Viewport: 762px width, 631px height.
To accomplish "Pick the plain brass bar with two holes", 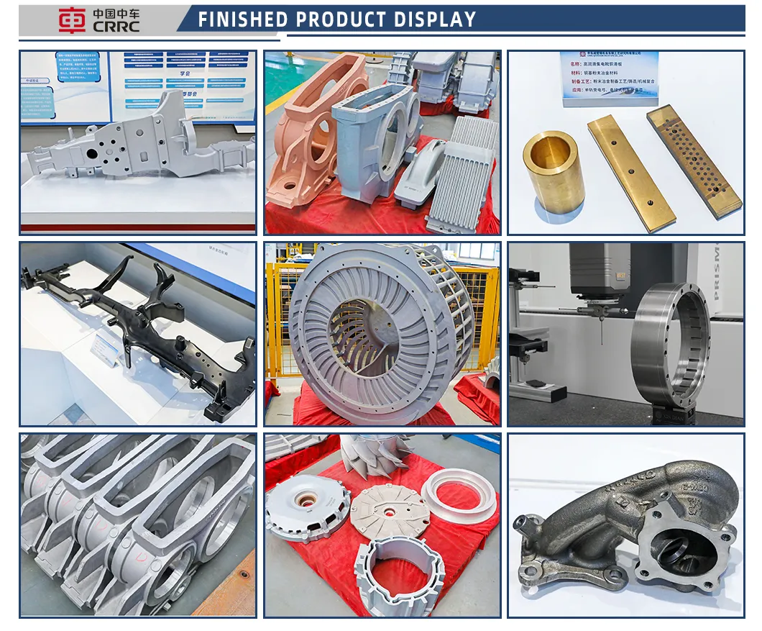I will click(x=630, y=172).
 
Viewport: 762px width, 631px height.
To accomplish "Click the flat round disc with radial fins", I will click(x=389, y=510).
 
